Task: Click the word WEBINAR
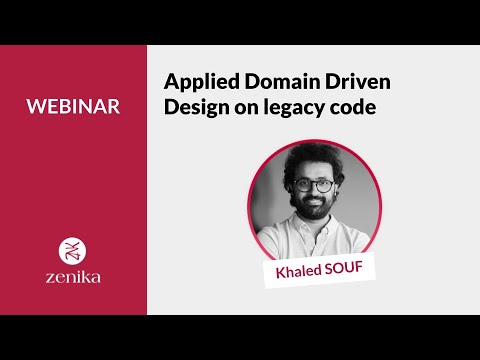pyautogui.click(x=73, y=106)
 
